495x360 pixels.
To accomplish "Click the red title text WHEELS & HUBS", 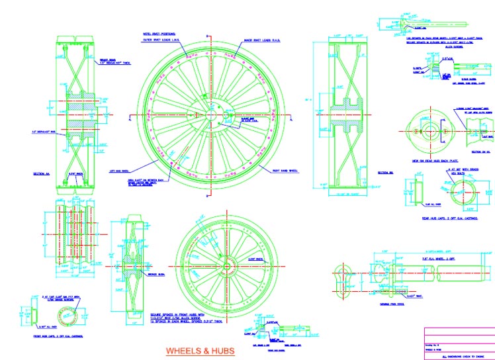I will click(200, 351).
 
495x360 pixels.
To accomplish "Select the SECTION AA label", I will click(42, 174).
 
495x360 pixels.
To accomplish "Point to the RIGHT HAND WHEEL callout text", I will click(285, 170).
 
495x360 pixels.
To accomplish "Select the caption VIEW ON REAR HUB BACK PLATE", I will click(431, 161).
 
